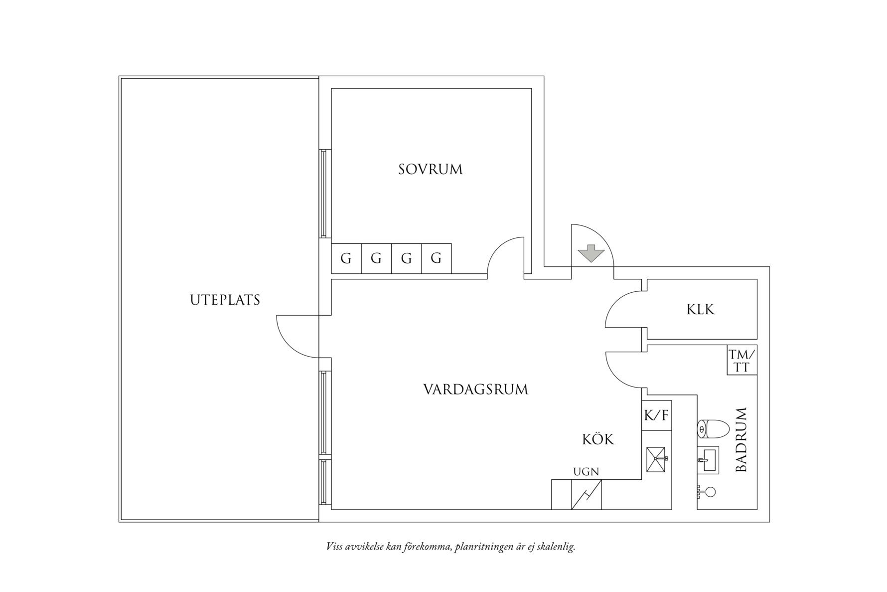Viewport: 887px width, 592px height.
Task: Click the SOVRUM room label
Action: pos(431,170)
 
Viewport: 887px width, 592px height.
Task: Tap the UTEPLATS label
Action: pos(225,300)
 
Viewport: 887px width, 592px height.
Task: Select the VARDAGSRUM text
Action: pos(475,389)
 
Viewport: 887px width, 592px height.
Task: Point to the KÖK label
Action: pos(598,439)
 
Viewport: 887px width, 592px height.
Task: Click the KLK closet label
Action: pos(701,310)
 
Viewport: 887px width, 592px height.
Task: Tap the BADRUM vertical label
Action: pos(741,440)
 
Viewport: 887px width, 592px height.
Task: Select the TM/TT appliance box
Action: pos(742,360)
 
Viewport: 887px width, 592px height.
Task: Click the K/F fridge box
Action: pos(657,415)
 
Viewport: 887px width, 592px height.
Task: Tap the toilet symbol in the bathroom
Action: pos(713,428)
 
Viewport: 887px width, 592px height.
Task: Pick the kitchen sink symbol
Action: pos(657,459)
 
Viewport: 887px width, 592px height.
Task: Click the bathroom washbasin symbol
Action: pos(708,459)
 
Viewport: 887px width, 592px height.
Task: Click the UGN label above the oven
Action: pos(586,472)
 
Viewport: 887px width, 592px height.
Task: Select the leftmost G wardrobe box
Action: pos(346,258)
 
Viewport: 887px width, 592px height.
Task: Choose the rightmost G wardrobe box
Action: pos(437,258)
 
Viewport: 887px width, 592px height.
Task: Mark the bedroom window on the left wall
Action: pos(324,193)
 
